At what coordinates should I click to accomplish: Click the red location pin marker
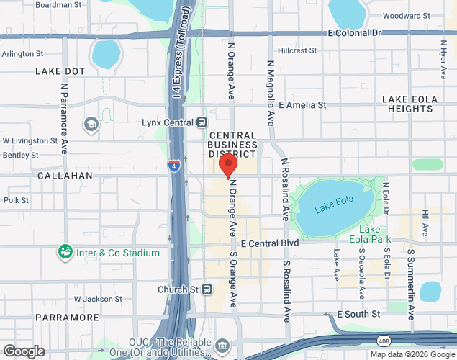[x=227, y=165]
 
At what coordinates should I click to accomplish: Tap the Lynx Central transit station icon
[x=203, y=122]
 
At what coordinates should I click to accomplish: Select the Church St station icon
[x=207, y=289]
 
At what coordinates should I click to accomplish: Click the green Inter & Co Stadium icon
[x=65, y=252]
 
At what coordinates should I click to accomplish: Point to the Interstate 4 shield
[x=174, y=166]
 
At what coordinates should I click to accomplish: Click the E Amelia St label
[x=302, y=105]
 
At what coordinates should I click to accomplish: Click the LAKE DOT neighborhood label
[x=60, y=71]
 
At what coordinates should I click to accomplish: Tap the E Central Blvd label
[x=270, y=243]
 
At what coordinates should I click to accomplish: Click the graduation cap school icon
[x=91, y=125]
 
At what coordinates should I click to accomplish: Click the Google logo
[x=23, y=351]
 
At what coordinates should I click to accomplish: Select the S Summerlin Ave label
[x=411, y=284]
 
